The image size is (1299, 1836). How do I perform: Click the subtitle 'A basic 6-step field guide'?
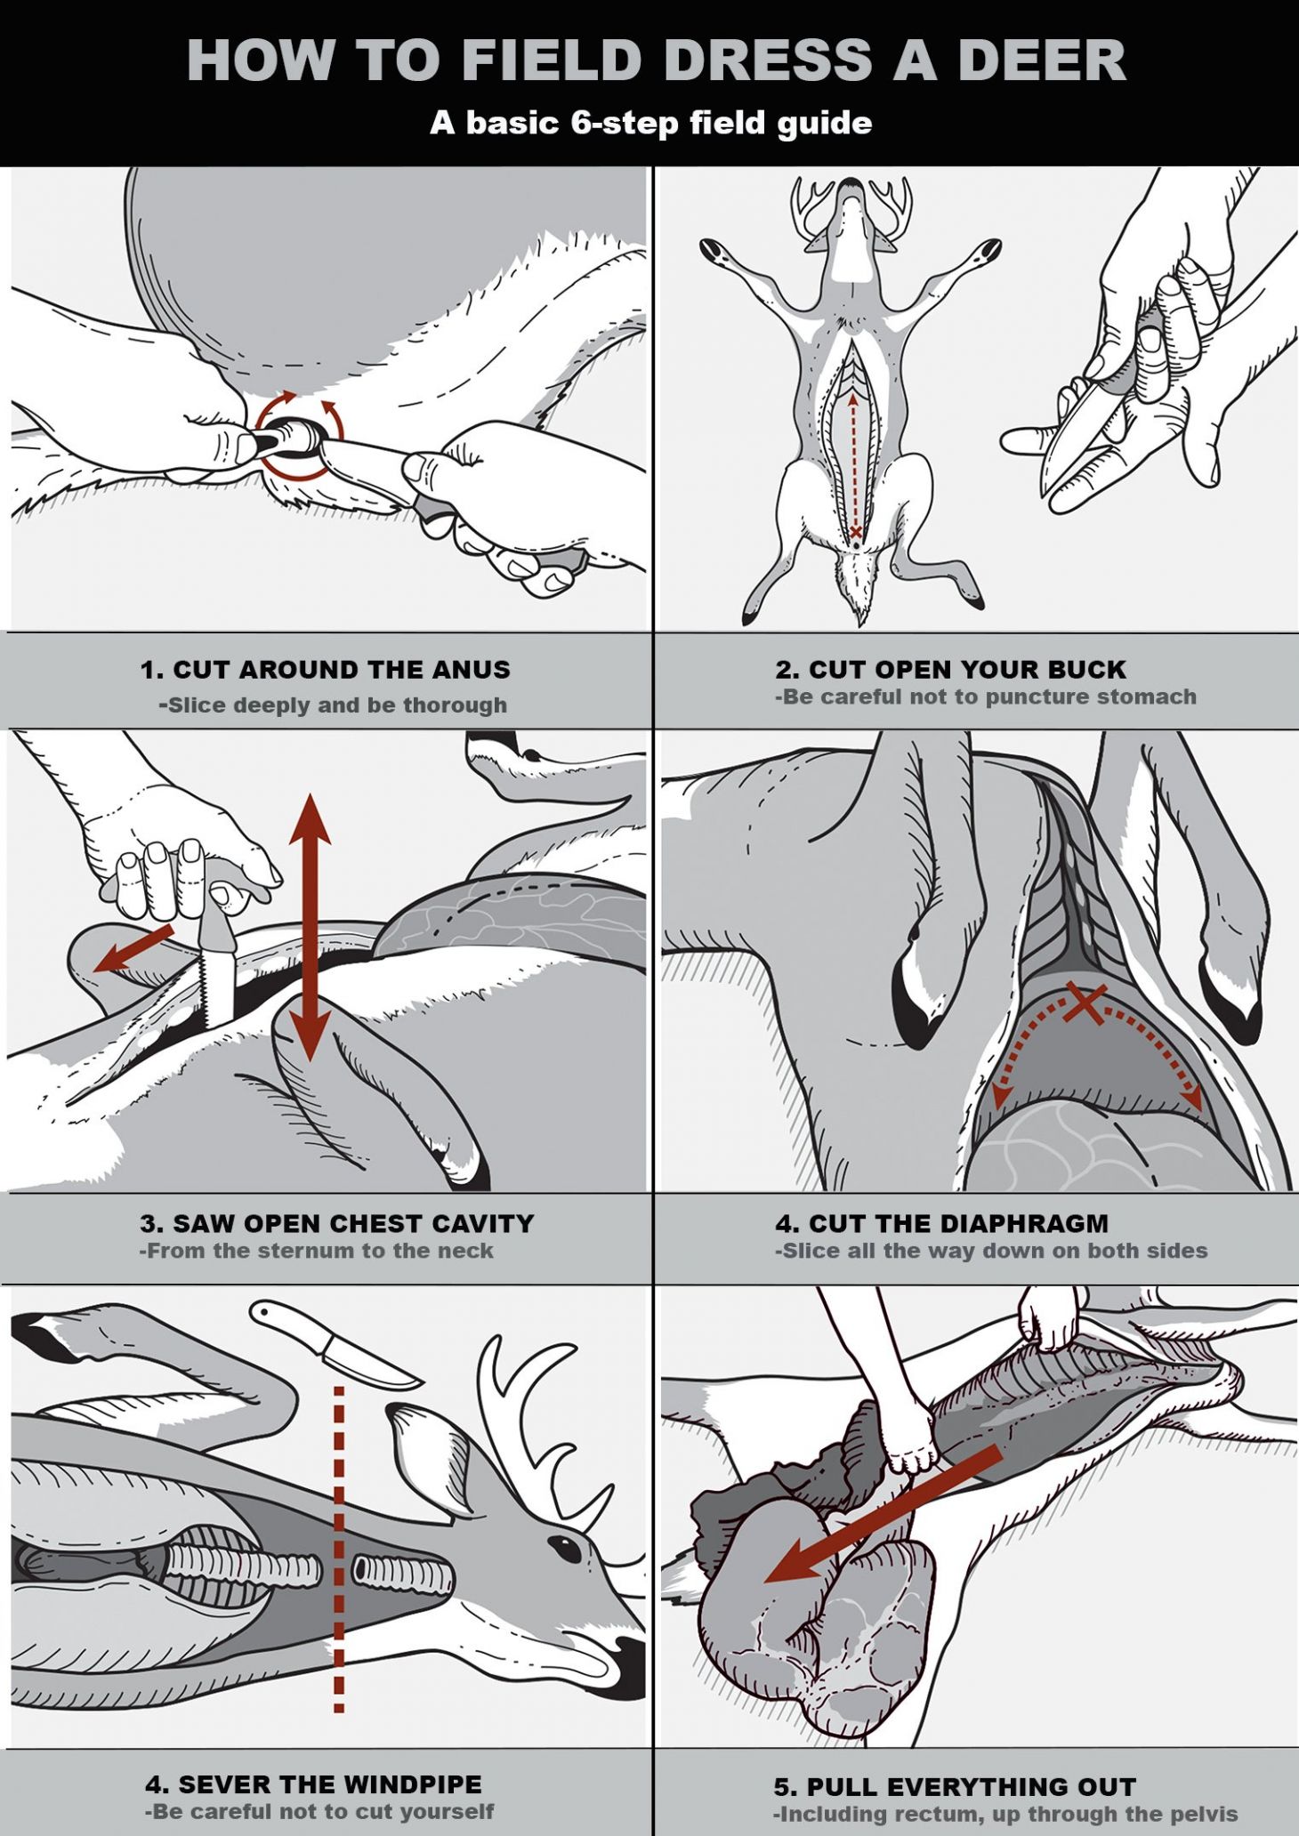[x=650, y=123]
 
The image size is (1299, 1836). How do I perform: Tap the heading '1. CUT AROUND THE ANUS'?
[x=325, y=669]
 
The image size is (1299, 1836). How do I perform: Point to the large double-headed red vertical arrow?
[x=310, y=925]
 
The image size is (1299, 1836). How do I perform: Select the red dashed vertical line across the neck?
[x=339, y=1548]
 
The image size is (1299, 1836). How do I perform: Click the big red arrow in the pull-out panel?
[x=881, y=1512]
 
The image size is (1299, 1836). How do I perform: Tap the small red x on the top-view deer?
[x=855, y=532]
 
